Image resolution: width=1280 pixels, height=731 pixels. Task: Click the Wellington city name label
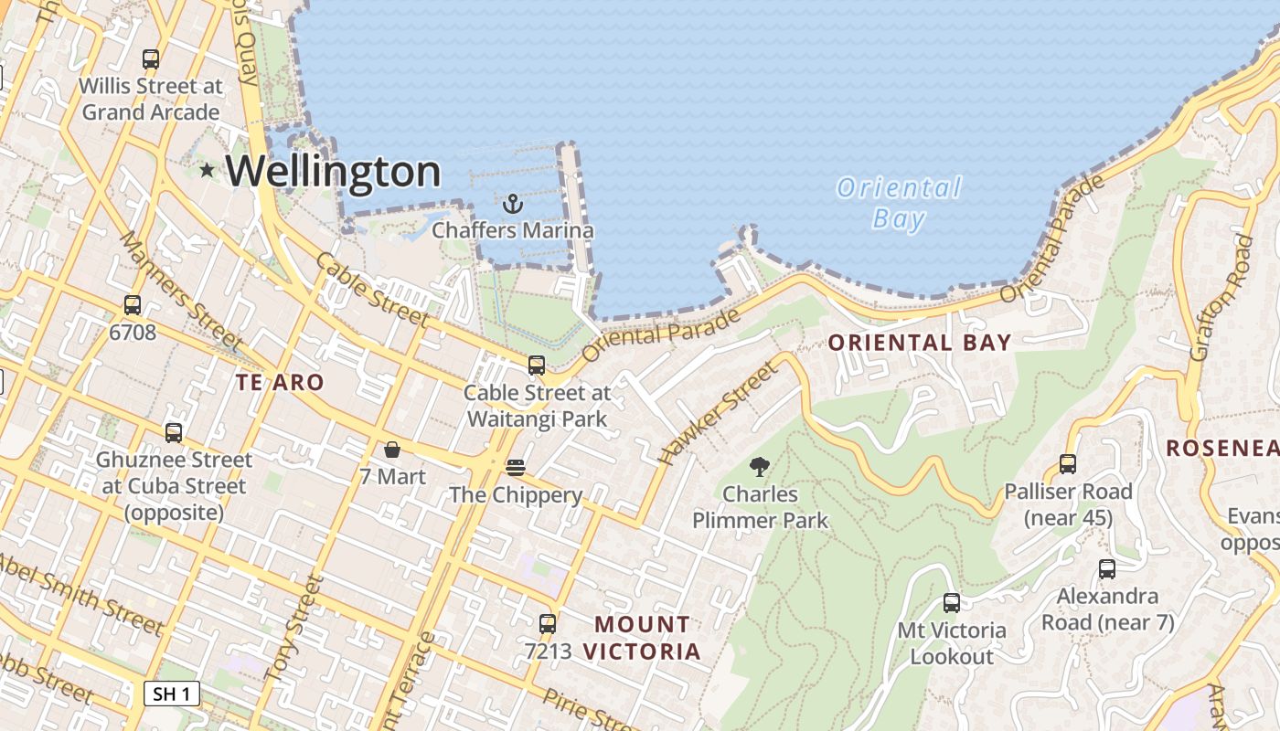coord(333,172)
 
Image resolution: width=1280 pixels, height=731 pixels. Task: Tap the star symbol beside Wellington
coord(208,170)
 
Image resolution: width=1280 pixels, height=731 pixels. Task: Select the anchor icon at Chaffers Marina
coord(513,203)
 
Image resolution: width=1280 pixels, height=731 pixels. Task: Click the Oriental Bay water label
coord(899,203)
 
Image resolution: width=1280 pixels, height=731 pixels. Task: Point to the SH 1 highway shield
coord(172,694)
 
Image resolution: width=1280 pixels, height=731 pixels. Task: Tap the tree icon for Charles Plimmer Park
coord(759,468)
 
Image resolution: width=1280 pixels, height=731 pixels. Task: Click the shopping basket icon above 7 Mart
coord(392,450)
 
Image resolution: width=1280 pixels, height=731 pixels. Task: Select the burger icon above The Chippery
coord(516,468)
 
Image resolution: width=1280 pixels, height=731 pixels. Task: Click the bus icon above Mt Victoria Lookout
coord(952,603)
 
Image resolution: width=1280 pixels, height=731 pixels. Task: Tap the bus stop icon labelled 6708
coord(133,305)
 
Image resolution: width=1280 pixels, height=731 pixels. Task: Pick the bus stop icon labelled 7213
coord(548,624)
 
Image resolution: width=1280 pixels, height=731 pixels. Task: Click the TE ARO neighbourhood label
coord(280,383)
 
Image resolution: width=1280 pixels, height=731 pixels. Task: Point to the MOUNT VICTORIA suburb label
coord(642,638)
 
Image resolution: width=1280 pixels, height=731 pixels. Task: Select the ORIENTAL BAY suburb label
coord(919,343)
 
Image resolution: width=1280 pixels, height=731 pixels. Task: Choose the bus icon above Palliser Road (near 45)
coord(1068,464)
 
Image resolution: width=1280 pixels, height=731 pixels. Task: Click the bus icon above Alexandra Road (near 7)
coord(1107,569)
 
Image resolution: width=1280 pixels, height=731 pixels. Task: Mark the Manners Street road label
coord(182,291)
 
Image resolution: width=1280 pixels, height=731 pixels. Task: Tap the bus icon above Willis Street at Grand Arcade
coord(151,59)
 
